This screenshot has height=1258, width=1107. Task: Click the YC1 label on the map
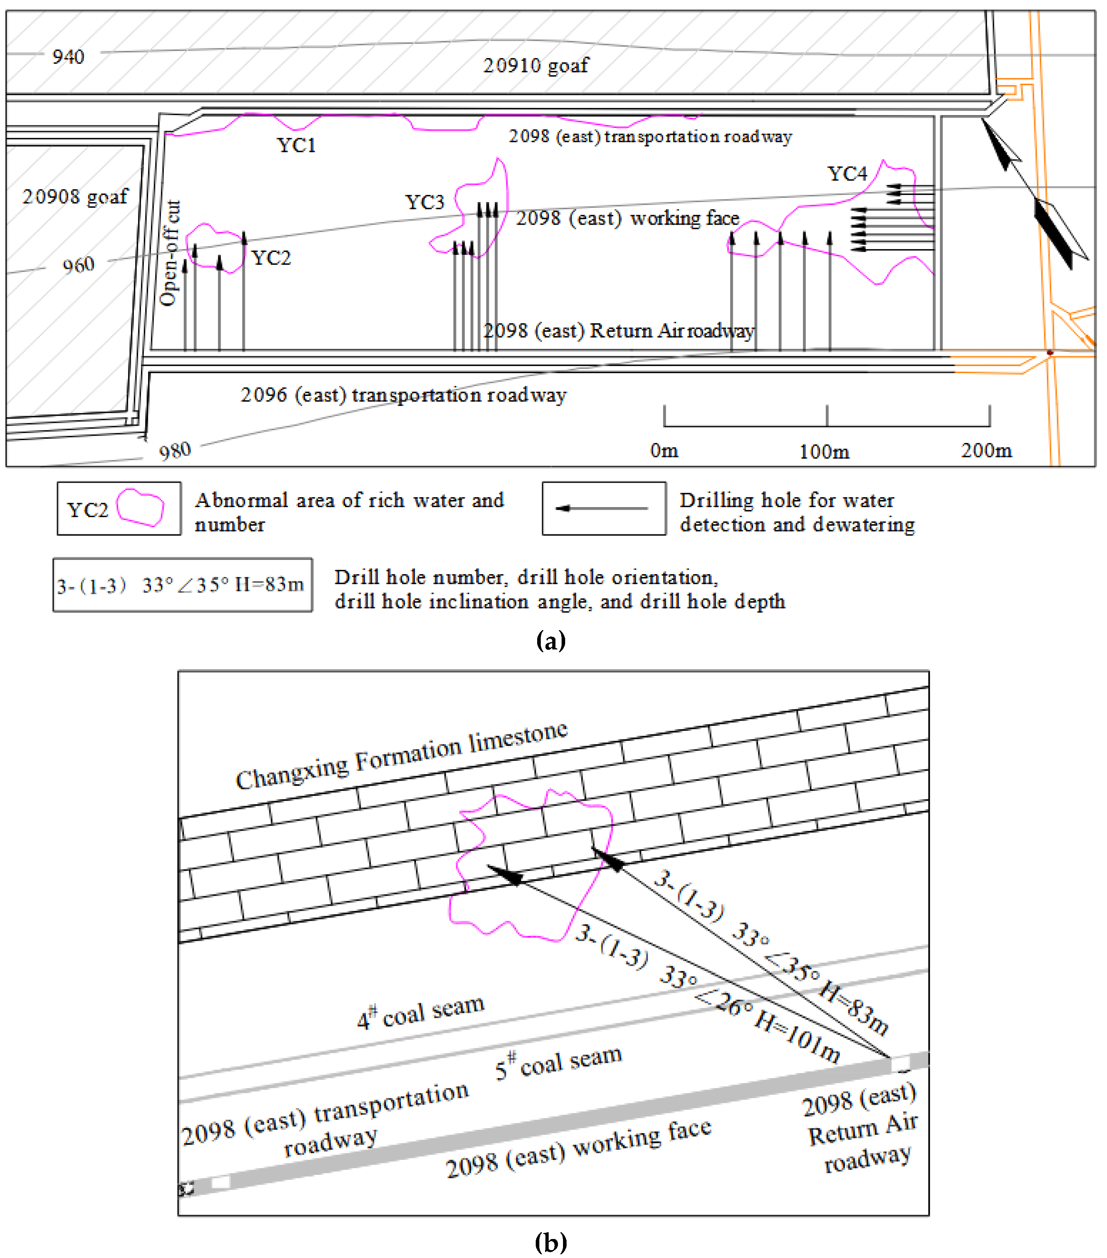[296, 145]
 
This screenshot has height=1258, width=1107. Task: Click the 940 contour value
[68, 57]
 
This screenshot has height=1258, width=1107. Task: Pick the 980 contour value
[175, 451]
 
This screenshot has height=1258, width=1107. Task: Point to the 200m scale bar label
[986, 451]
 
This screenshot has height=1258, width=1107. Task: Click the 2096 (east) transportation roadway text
[403, 395]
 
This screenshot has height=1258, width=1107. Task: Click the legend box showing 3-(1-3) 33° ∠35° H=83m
[182, 585]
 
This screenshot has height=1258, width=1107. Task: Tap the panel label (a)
[550, 641]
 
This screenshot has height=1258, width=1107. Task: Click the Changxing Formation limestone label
[401, 756]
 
